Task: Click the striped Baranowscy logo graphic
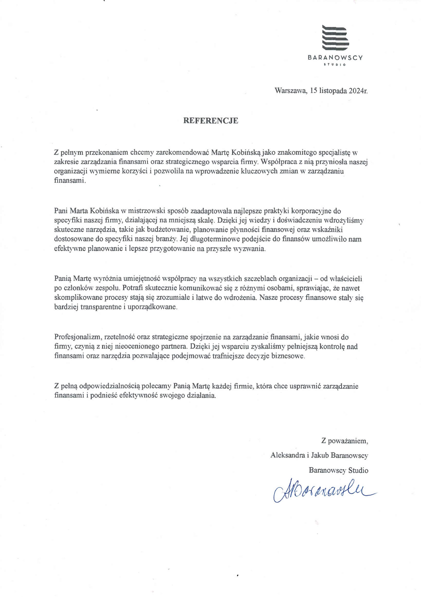coord(335,38)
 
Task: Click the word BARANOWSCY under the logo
coord(335,58)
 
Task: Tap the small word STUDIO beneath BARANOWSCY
coord(335,65)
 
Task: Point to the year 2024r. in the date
coord(358,91)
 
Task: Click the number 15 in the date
coord(314,91)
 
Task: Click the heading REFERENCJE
coord(210,121)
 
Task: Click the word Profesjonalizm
coord(77,337)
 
